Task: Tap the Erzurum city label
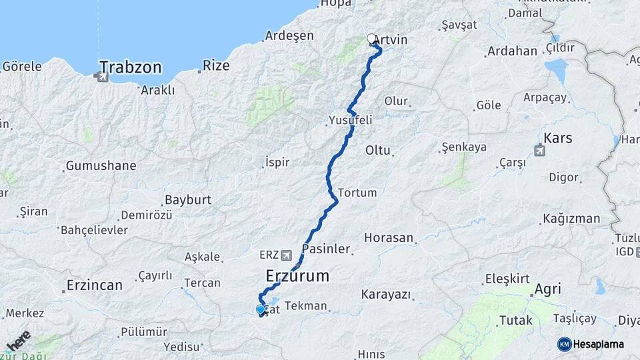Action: point(297,275)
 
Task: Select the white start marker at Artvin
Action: point(372,39)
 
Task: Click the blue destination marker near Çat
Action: point(261,309)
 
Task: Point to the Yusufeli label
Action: point(350,120)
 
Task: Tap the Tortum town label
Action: point(357,193)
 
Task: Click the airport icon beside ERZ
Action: point(287,255)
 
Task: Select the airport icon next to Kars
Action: point(539,151)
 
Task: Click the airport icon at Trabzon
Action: point(102,77)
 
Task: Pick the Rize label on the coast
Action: point(216,65)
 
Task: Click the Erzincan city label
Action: point(95,285)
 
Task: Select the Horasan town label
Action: point(389,237)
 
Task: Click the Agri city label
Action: point(547,289)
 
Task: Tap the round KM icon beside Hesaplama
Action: point(564,344)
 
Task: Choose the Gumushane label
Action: point(101,165)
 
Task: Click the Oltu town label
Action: point(377,151)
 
